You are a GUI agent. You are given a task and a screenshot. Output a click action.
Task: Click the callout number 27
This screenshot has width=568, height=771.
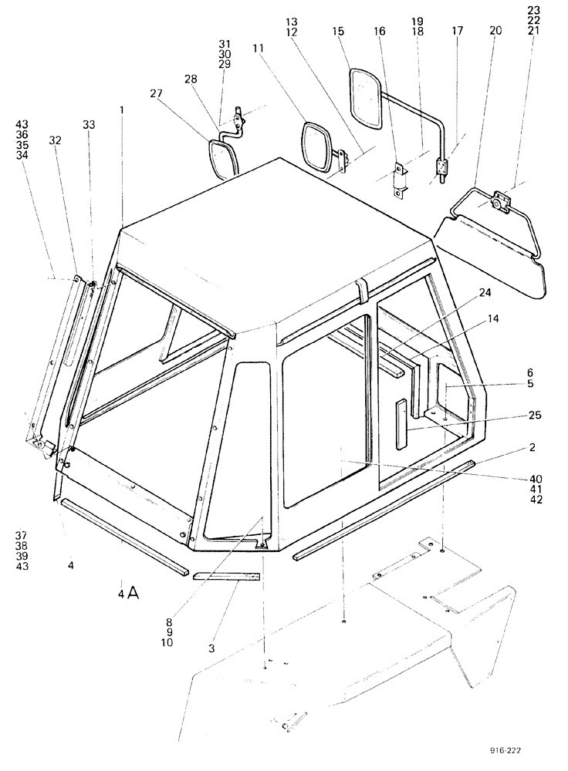(x=156, y=93)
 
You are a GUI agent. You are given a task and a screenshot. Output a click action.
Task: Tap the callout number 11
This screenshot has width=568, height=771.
(x=257, y=48)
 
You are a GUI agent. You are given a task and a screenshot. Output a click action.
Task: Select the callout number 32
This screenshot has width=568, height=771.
(x=55, y=140)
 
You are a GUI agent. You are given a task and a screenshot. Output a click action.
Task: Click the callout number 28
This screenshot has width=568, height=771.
(x=190, y=79)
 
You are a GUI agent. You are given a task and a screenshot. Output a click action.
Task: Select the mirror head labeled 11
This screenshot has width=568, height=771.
(x=315, y=147)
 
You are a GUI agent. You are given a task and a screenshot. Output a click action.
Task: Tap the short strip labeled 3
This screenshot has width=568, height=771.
(x=227, y=576)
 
